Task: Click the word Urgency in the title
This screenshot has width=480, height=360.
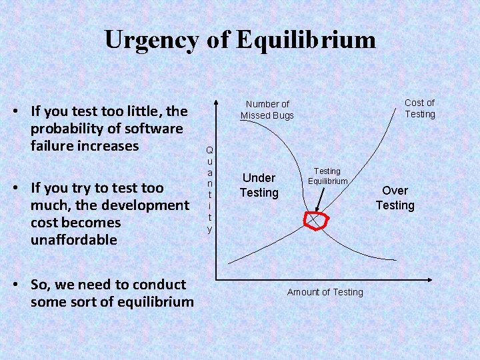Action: [151, 41]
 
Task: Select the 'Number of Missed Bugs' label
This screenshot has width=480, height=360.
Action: [267, 109]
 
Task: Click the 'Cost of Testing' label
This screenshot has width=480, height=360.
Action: [419, 108]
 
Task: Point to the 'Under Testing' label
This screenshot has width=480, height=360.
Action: [259, 185]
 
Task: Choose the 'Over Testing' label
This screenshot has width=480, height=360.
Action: [395, 198]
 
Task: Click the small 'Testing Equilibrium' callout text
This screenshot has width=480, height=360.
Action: [327, 176]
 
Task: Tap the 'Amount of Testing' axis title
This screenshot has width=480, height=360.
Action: [325, 292]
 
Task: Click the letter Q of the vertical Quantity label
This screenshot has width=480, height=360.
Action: [209, 150]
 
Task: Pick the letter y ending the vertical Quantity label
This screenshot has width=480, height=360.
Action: [209, 229]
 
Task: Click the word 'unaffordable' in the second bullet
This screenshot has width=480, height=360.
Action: [73, 239]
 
